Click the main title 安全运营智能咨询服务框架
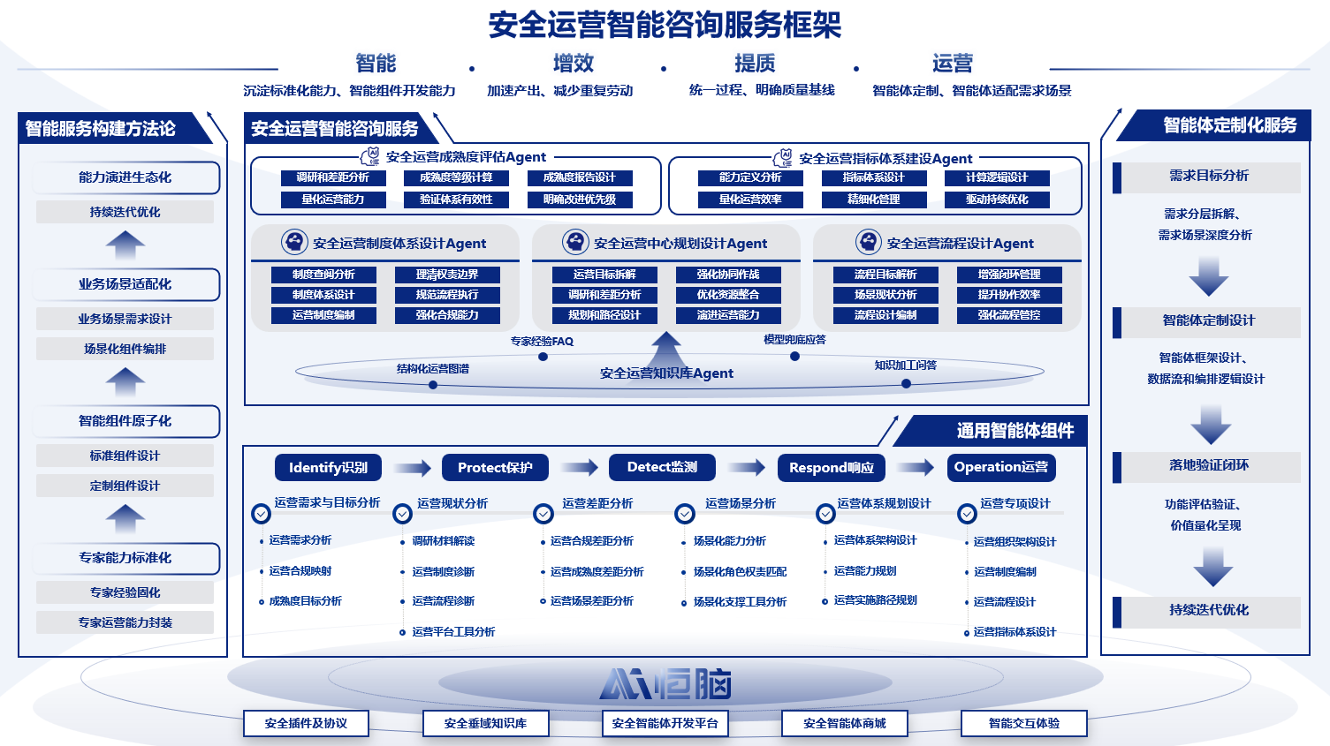coord(665,25)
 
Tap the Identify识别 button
coord(328,468)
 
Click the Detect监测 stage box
coord(662,467)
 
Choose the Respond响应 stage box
coord(831,468)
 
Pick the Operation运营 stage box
coord(1000,467)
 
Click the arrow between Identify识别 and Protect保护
coord(412,468)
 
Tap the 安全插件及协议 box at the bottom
coord(306,724)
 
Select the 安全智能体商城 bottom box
coord(844,724)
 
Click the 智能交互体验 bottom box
coord(1023,724)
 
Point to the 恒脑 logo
coord(665,684)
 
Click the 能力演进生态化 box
coord(125,177)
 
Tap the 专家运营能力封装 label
coord(125,622)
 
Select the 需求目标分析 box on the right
coord(1208,176)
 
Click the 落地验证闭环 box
coord(1208,465)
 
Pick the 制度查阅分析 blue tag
coord(323,275)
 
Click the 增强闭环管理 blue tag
coord(1008,275)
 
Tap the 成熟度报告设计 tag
coord(579,177)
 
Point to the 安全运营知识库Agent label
coord(666,373)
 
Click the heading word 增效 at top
coord(574,64)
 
